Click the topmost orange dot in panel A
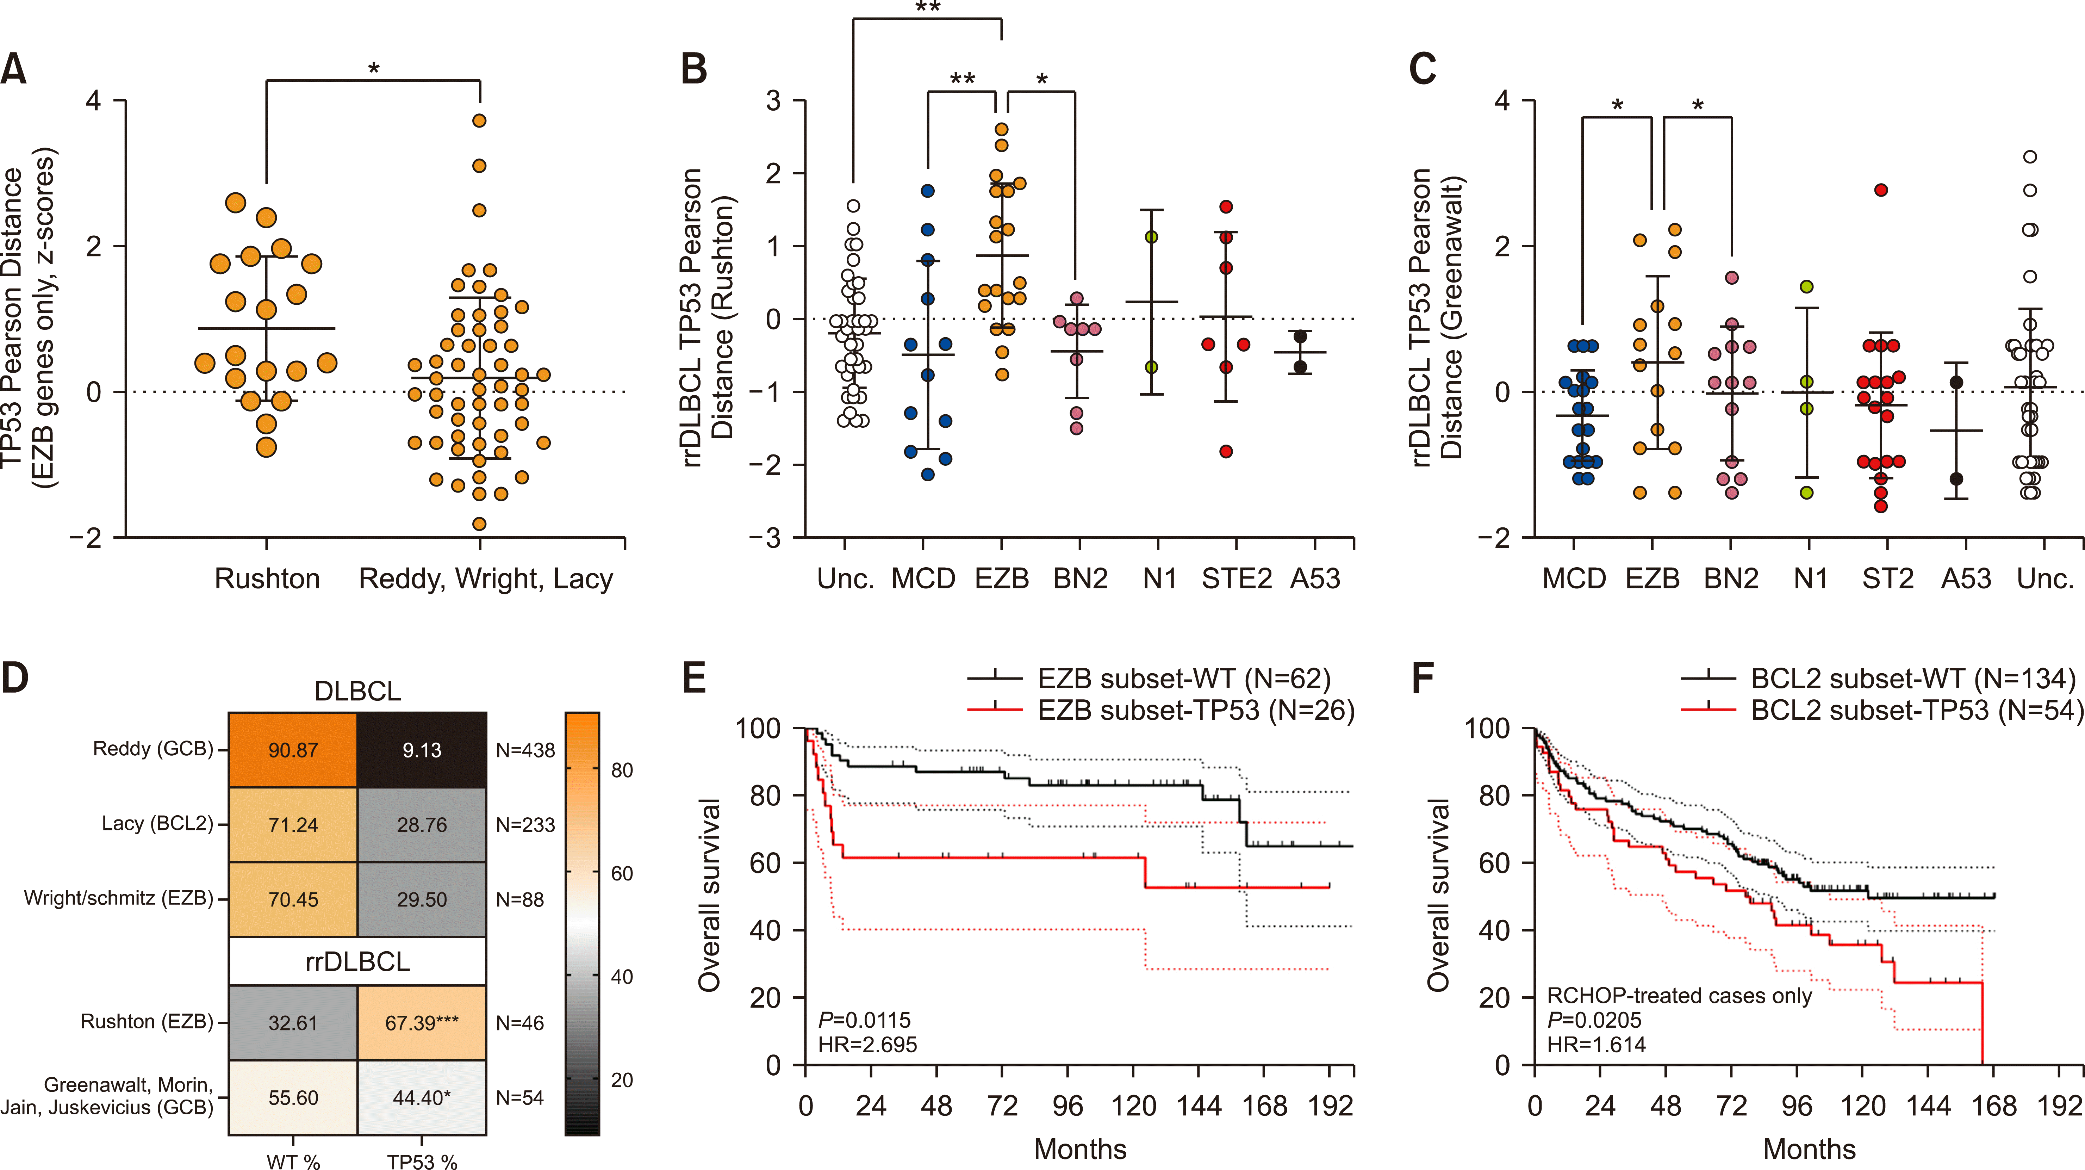(479, 120)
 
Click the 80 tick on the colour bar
(622, 770)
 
